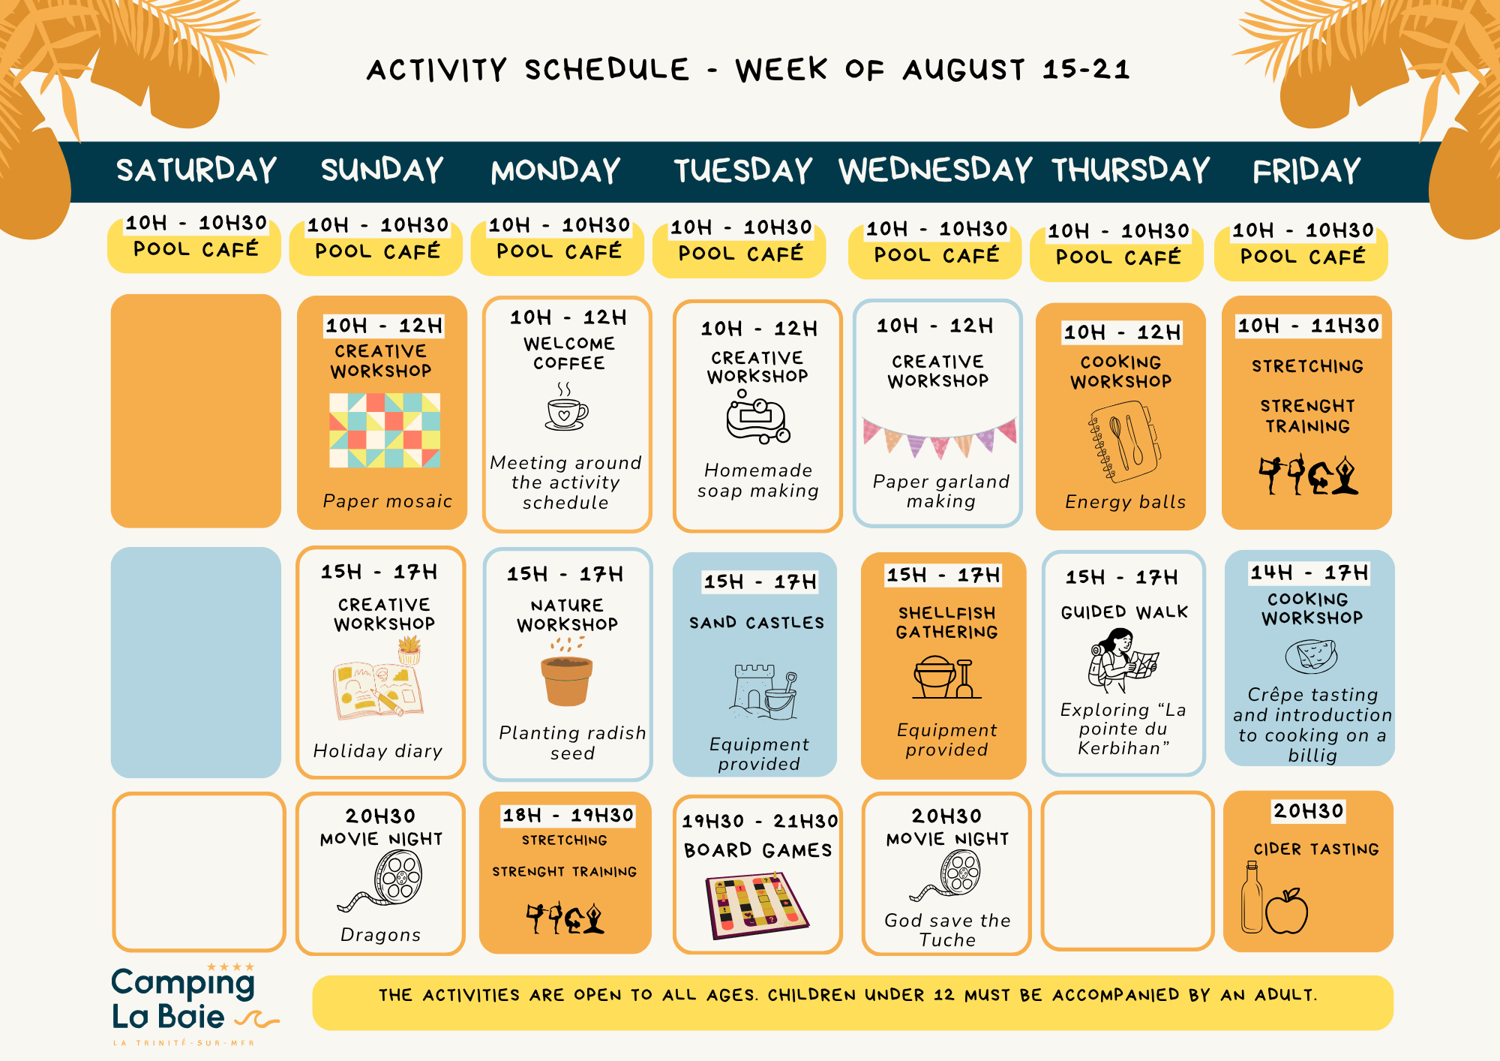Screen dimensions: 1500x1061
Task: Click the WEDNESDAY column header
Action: [935, 170]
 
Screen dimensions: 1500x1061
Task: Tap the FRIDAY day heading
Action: [1306, 170]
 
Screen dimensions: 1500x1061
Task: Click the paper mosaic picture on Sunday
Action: [385, 431]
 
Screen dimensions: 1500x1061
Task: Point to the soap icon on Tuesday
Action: [757, 416]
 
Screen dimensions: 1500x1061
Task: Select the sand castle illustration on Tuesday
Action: [763, 691]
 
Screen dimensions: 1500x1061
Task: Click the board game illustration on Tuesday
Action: [757, 905]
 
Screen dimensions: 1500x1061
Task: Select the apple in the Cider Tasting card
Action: [1286, 910]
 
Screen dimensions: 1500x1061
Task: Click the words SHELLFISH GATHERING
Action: [946, 622]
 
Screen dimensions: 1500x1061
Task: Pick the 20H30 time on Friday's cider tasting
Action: [1308, 811]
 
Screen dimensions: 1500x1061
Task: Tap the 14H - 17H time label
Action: [1309, 573]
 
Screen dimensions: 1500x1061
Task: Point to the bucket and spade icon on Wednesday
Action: [946, 678]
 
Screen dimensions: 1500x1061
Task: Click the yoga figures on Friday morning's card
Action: [1308, 474]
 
